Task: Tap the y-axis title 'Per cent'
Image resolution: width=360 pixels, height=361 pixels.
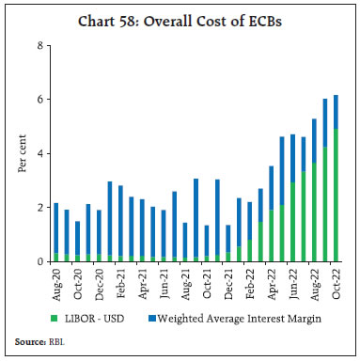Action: pyautogui.click(x=21, y=153)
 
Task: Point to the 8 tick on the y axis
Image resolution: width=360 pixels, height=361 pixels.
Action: pyautogui.click(x=39, y=45)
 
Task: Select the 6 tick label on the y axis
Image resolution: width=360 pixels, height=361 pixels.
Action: pyautogui.click(x=39, y=100)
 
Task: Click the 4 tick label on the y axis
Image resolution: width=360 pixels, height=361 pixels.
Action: pyautogui.click(x=39, y=153)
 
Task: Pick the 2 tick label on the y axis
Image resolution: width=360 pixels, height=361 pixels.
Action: pyautogui.click(x=39, y=208)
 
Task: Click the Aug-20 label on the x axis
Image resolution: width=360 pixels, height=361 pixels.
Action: pyautogui.click(x=56, y=280)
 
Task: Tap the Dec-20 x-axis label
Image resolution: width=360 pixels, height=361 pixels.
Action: pyautogui.click(x=100, y=280)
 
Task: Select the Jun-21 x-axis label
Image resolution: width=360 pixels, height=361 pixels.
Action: pyautogui.click(x=164, y=280)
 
